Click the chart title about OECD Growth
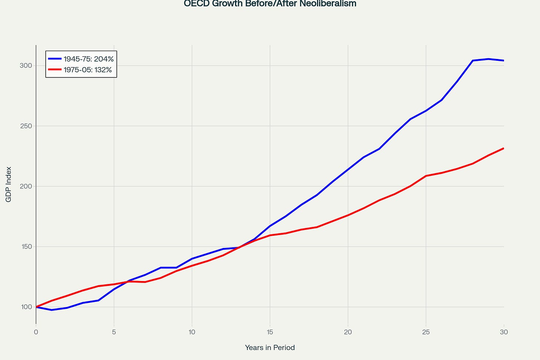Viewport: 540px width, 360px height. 270,4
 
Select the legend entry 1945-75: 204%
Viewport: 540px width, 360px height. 88,59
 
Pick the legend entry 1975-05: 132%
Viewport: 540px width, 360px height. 88,69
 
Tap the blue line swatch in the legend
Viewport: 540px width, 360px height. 55,59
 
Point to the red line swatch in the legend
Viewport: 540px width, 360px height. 55,69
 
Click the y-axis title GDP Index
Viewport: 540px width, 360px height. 9,184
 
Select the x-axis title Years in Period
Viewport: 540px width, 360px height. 270,347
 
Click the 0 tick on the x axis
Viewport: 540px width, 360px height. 36,332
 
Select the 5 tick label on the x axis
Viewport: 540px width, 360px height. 114,332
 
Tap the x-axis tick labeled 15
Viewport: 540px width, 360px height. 270,332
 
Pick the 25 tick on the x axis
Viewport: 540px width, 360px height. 426,332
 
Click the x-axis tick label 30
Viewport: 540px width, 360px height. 504,332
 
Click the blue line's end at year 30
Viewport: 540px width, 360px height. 503,60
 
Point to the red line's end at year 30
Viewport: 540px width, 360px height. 503,148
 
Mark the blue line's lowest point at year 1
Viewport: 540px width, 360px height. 52,310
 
